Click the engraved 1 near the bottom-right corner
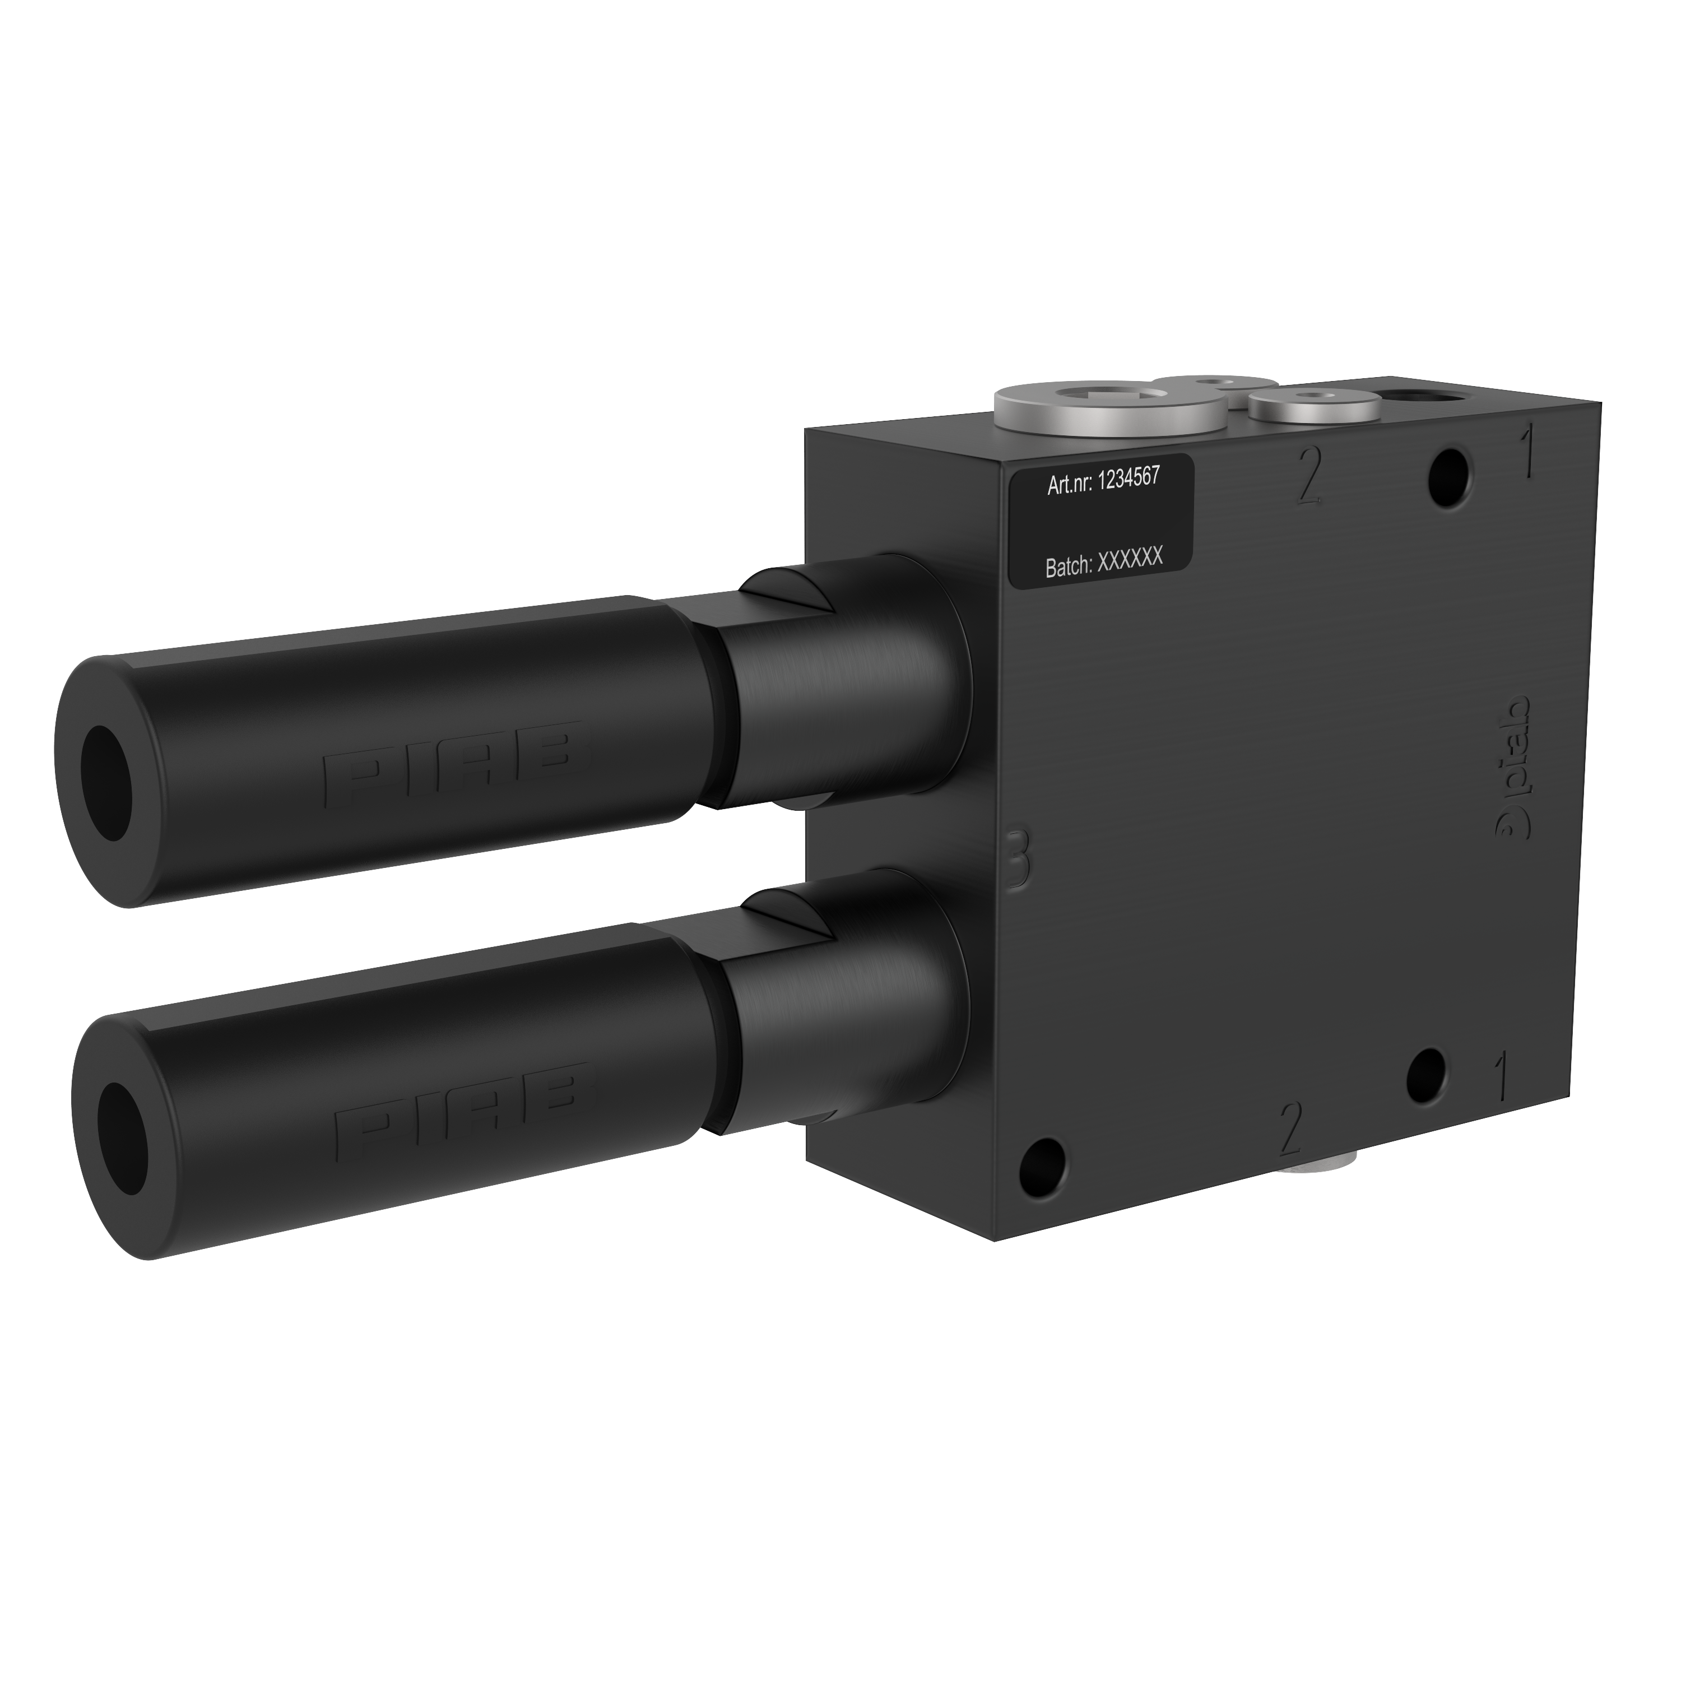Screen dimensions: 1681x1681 (x=1500, y=1075)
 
